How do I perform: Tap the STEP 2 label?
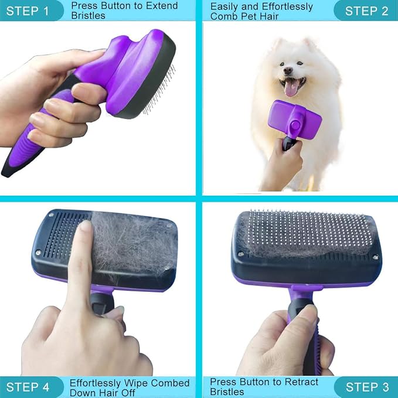click(366, 11)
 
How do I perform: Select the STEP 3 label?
click(366, 387)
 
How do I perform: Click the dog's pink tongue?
click(290, 89)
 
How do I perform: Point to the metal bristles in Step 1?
click(161, 88)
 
